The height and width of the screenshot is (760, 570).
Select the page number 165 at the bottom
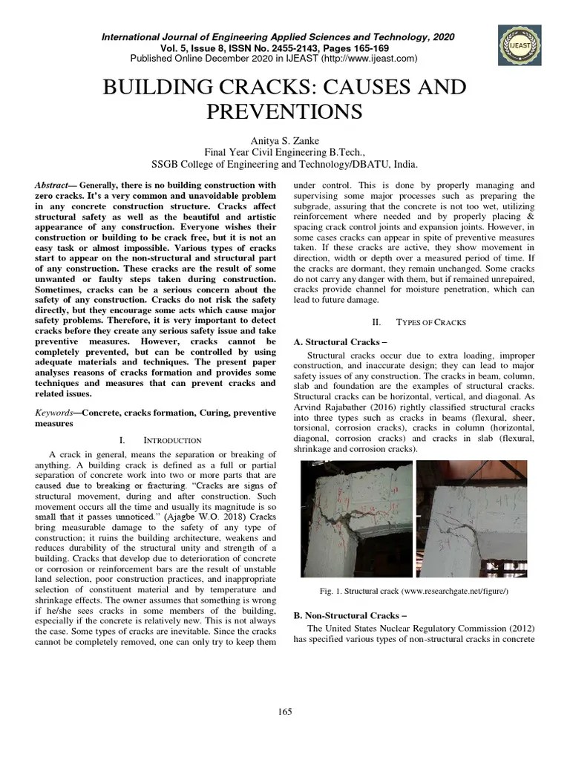point(285,712)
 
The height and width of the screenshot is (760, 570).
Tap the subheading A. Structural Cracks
point(331,341)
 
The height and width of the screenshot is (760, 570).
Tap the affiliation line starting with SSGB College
point(285,165)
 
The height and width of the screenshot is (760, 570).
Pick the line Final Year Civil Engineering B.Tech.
point(285,152)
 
